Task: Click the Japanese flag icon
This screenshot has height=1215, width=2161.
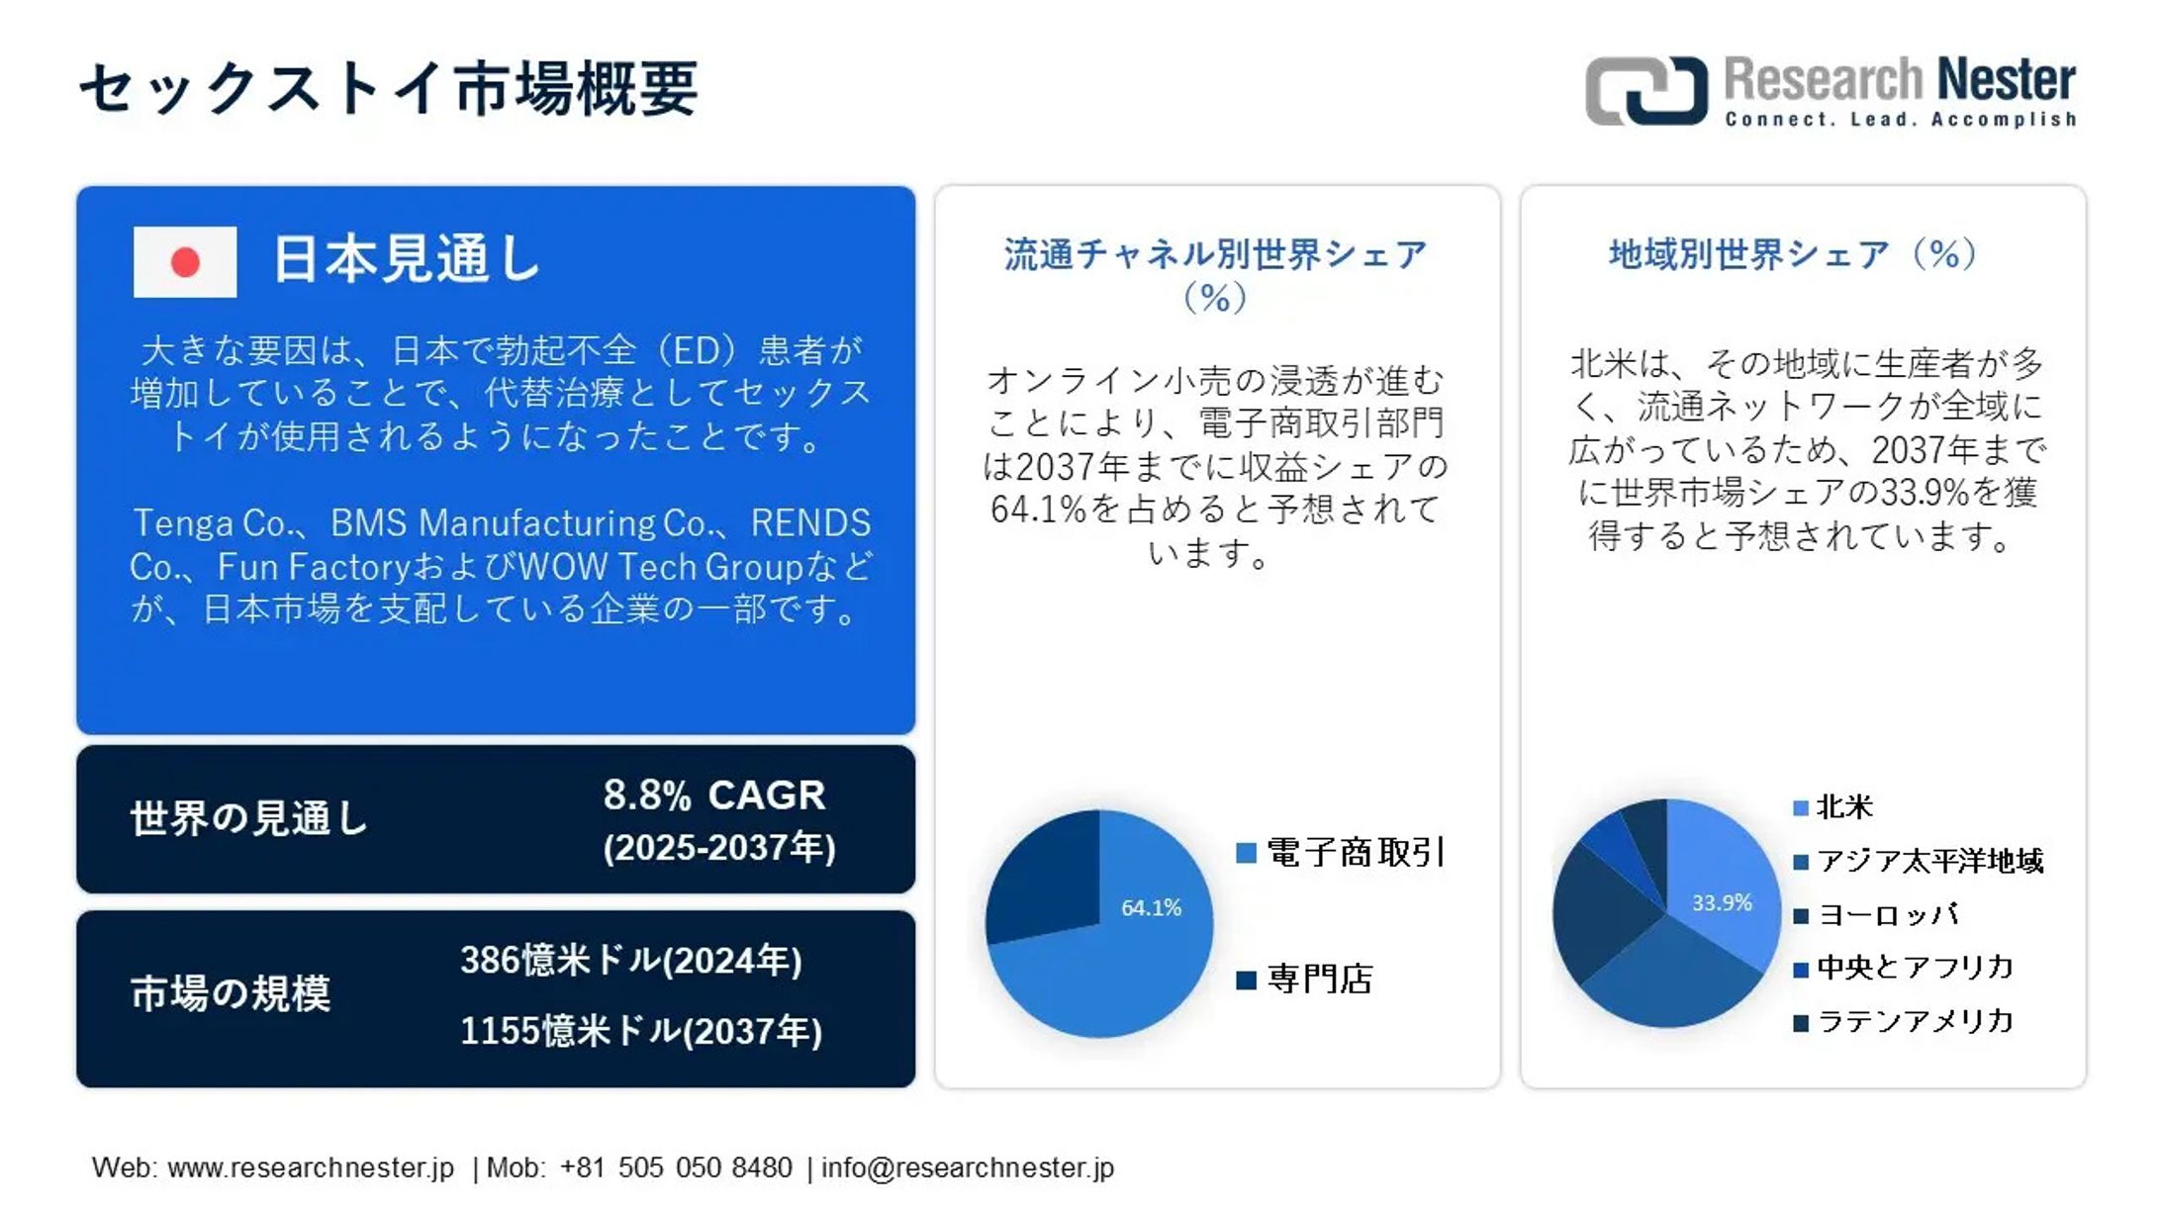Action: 185,262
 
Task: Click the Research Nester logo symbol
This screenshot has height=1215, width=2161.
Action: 1645,91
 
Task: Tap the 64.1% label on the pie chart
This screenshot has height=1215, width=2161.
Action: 1151,907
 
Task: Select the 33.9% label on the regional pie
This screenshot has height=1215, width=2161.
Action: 1722,902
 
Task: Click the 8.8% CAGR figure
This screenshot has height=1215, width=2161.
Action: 714,795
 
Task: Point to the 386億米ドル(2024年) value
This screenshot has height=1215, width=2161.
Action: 631,961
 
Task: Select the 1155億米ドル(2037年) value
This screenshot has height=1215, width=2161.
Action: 641,1032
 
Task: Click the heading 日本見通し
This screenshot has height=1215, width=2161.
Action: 406,260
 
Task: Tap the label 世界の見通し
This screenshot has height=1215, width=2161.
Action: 249,819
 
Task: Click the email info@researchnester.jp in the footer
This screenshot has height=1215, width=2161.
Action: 967,1168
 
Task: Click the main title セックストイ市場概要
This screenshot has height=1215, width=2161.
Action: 389,89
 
